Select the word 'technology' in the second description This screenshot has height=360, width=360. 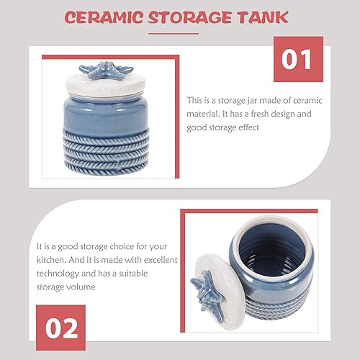(x=59, y=273)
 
